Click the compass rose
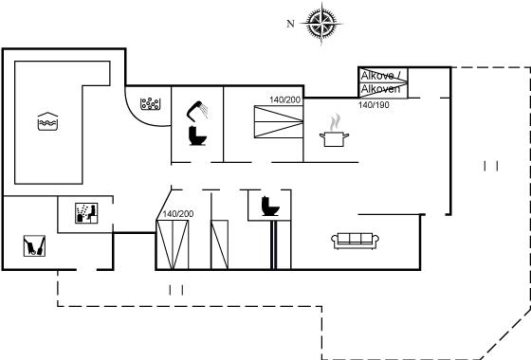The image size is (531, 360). (x=321, y=24)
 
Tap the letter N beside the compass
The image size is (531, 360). (x=290, y=24)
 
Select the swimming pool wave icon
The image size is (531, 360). (x=47, y=121)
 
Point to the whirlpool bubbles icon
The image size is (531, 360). (x=150, y=104)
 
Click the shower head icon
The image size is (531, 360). (x=197, y=111)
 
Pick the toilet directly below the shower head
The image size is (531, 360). (x=197, y=135)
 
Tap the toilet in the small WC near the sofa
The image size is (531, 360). (x=270, y=207)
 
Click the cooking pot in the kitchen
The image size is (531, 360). (x=334, y=139)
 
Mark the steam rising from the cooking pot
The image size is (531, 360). (x=335, y=122)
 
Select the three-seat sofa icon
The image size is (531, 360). (x=355, y=241)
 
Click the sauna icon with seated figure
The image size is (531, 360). (x=86, y=213)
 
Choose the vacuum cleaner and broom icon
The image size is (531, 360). (x=34, y=245)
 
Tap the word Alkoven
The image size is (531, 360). (x=380, y=89)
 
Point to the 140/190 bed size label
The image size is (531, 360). (x=374, y=105)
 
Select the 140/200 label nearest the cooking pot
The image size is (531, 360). (x=284, y=99)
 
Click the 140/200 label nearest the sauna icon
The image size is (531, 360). (x=178, y=214)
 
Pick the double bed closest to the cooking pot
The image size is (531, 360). (x=279, y=122)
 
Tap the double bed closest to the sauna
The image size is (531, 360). (x=173, y=244)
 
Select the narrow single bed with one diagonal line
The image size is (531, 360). (x=219, y=244)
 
